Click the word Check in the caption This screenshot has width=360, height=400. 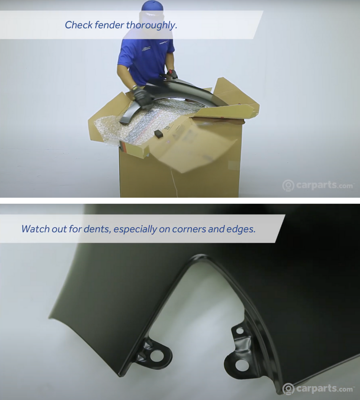click(x=79, y=25)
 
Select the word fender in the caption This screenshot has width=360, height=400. click(x=110, y=25)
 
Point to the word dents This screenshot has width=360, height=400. click(x=97, y=229)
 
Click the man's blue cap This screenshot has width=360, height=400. click(x=152, y=6)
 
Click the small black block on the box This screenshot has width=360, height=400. click(x=159, y=133)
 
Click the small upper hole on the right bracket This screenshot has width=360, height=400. click(x=240, y=331)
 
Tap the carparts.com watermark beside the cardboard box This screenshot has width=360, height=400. click(x=317, y=185)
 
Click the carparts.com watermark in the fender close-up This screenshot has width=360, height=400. click(x=317, y=389)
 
